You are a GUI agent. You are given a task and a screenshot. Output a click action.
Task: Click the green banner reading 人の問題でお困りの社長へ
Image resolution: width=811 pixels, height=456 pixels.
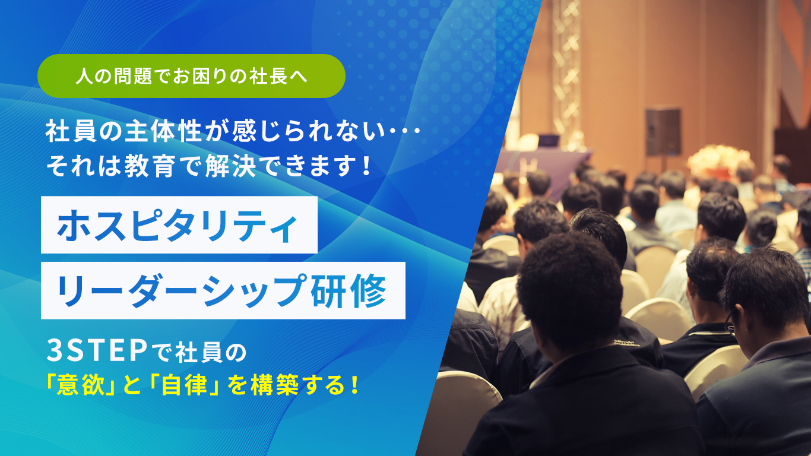(191, 76)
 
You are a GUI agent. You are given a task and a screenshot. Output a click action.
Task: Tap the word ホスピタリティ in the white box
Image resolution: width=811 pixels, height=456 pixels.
(177, 225)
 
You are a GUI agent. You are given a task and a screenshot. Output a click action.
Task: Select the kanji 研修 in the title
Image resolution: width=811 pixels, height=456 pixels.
(349, 291)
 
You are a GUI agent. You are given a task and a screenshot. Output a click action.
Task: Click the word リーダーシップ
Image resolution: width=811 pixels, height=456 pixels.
(181, 291)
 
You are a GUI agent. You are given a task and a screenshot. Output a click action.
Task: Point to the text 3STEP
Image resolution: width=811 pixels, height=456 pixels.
(97, 351)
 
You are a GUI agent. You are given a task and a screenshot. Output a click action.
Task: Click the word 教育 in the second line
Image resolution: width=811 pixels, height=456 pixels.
(150, 167)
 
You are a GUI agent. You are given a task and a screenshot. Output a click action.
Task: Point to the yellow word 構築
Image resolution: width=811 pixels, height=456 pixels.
(275, 385)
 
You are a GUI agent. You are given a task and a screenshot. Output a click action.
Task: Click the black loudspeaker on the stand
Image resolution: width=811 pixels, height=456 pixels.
(663, 132)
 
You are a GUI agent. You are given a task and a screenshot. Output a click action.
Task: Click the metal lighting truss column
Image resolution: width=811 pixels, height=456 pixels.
(566, 72)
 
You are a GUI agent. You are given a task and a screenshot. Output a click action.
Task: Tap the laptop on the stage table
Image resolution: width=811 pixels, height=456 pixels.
(548, 142)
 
